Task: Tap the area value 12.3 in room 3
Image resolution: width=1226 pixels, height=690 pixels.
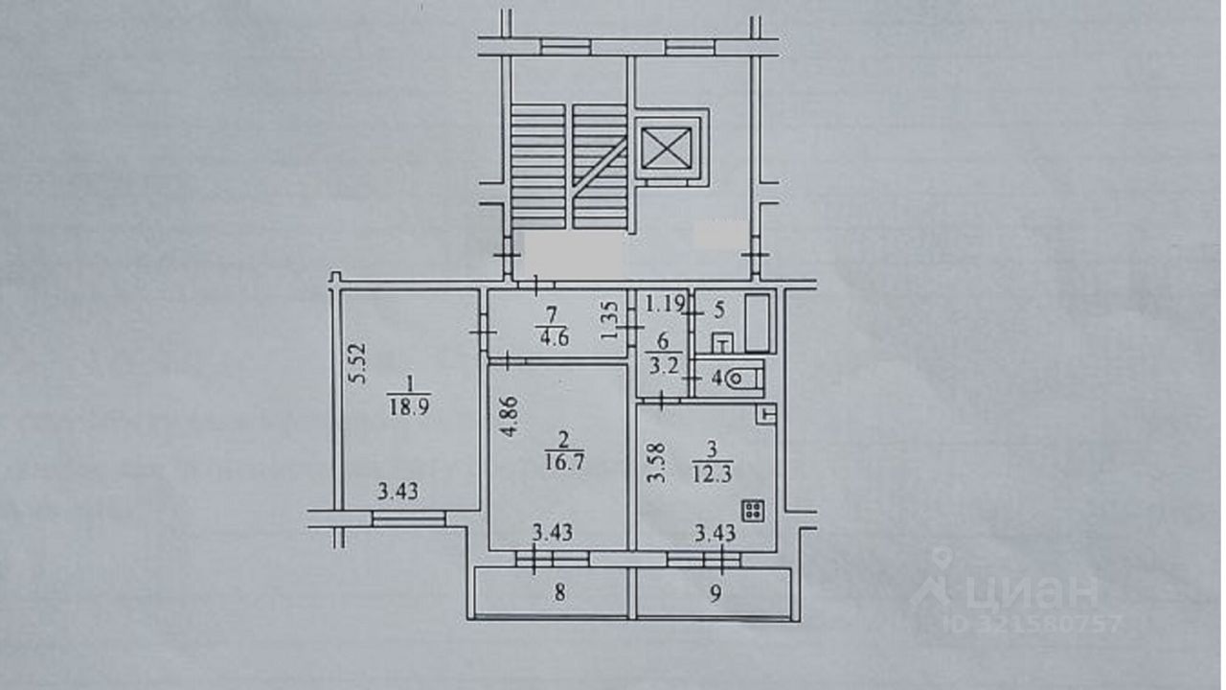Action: pos(709,471)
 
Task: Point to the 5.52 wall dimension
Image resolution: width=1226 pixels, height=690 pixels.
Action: pos(357,364)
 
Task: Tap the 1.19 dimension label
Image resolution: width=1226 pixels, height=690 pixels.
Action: pos(665,306)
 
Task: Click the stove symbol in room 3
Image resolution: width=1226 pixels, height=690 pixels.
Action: pos(753,511)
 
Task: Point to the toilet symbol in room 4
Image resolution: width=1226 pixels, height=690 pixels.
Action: pos(744,379)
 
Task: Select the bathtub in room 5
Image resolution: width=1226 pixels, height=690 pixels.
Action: pos(759,323)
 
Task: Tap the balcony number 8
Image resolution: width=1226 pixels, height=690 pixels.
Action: pos(558,593)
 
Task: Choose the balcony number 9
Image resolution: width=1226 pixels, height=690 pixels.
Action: pos(715,593)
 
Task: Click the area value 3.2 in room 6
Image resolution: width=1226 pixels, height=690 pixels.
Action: pos(662,363)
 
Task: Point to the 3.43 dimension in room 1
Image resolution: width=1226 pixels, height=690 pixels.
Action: pos(397,493)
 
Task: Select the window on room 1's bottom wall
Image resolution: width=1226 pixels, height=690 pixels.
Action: pos(409,518)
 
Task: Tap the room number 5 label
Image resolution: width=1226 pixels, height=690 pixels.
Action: pos(720,310)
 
